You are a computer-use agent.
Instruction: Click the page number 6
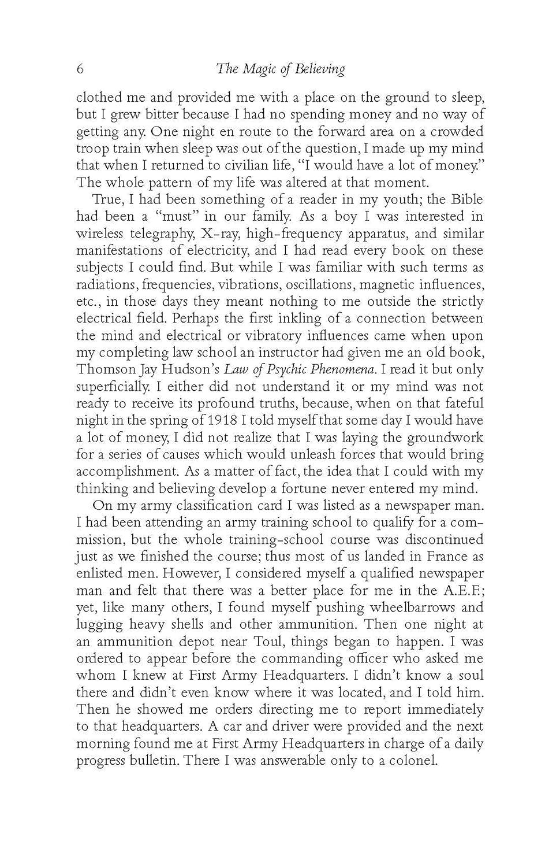coord(80,70)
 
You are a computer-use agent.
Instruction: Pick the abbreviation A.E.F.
coord(462,590)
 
